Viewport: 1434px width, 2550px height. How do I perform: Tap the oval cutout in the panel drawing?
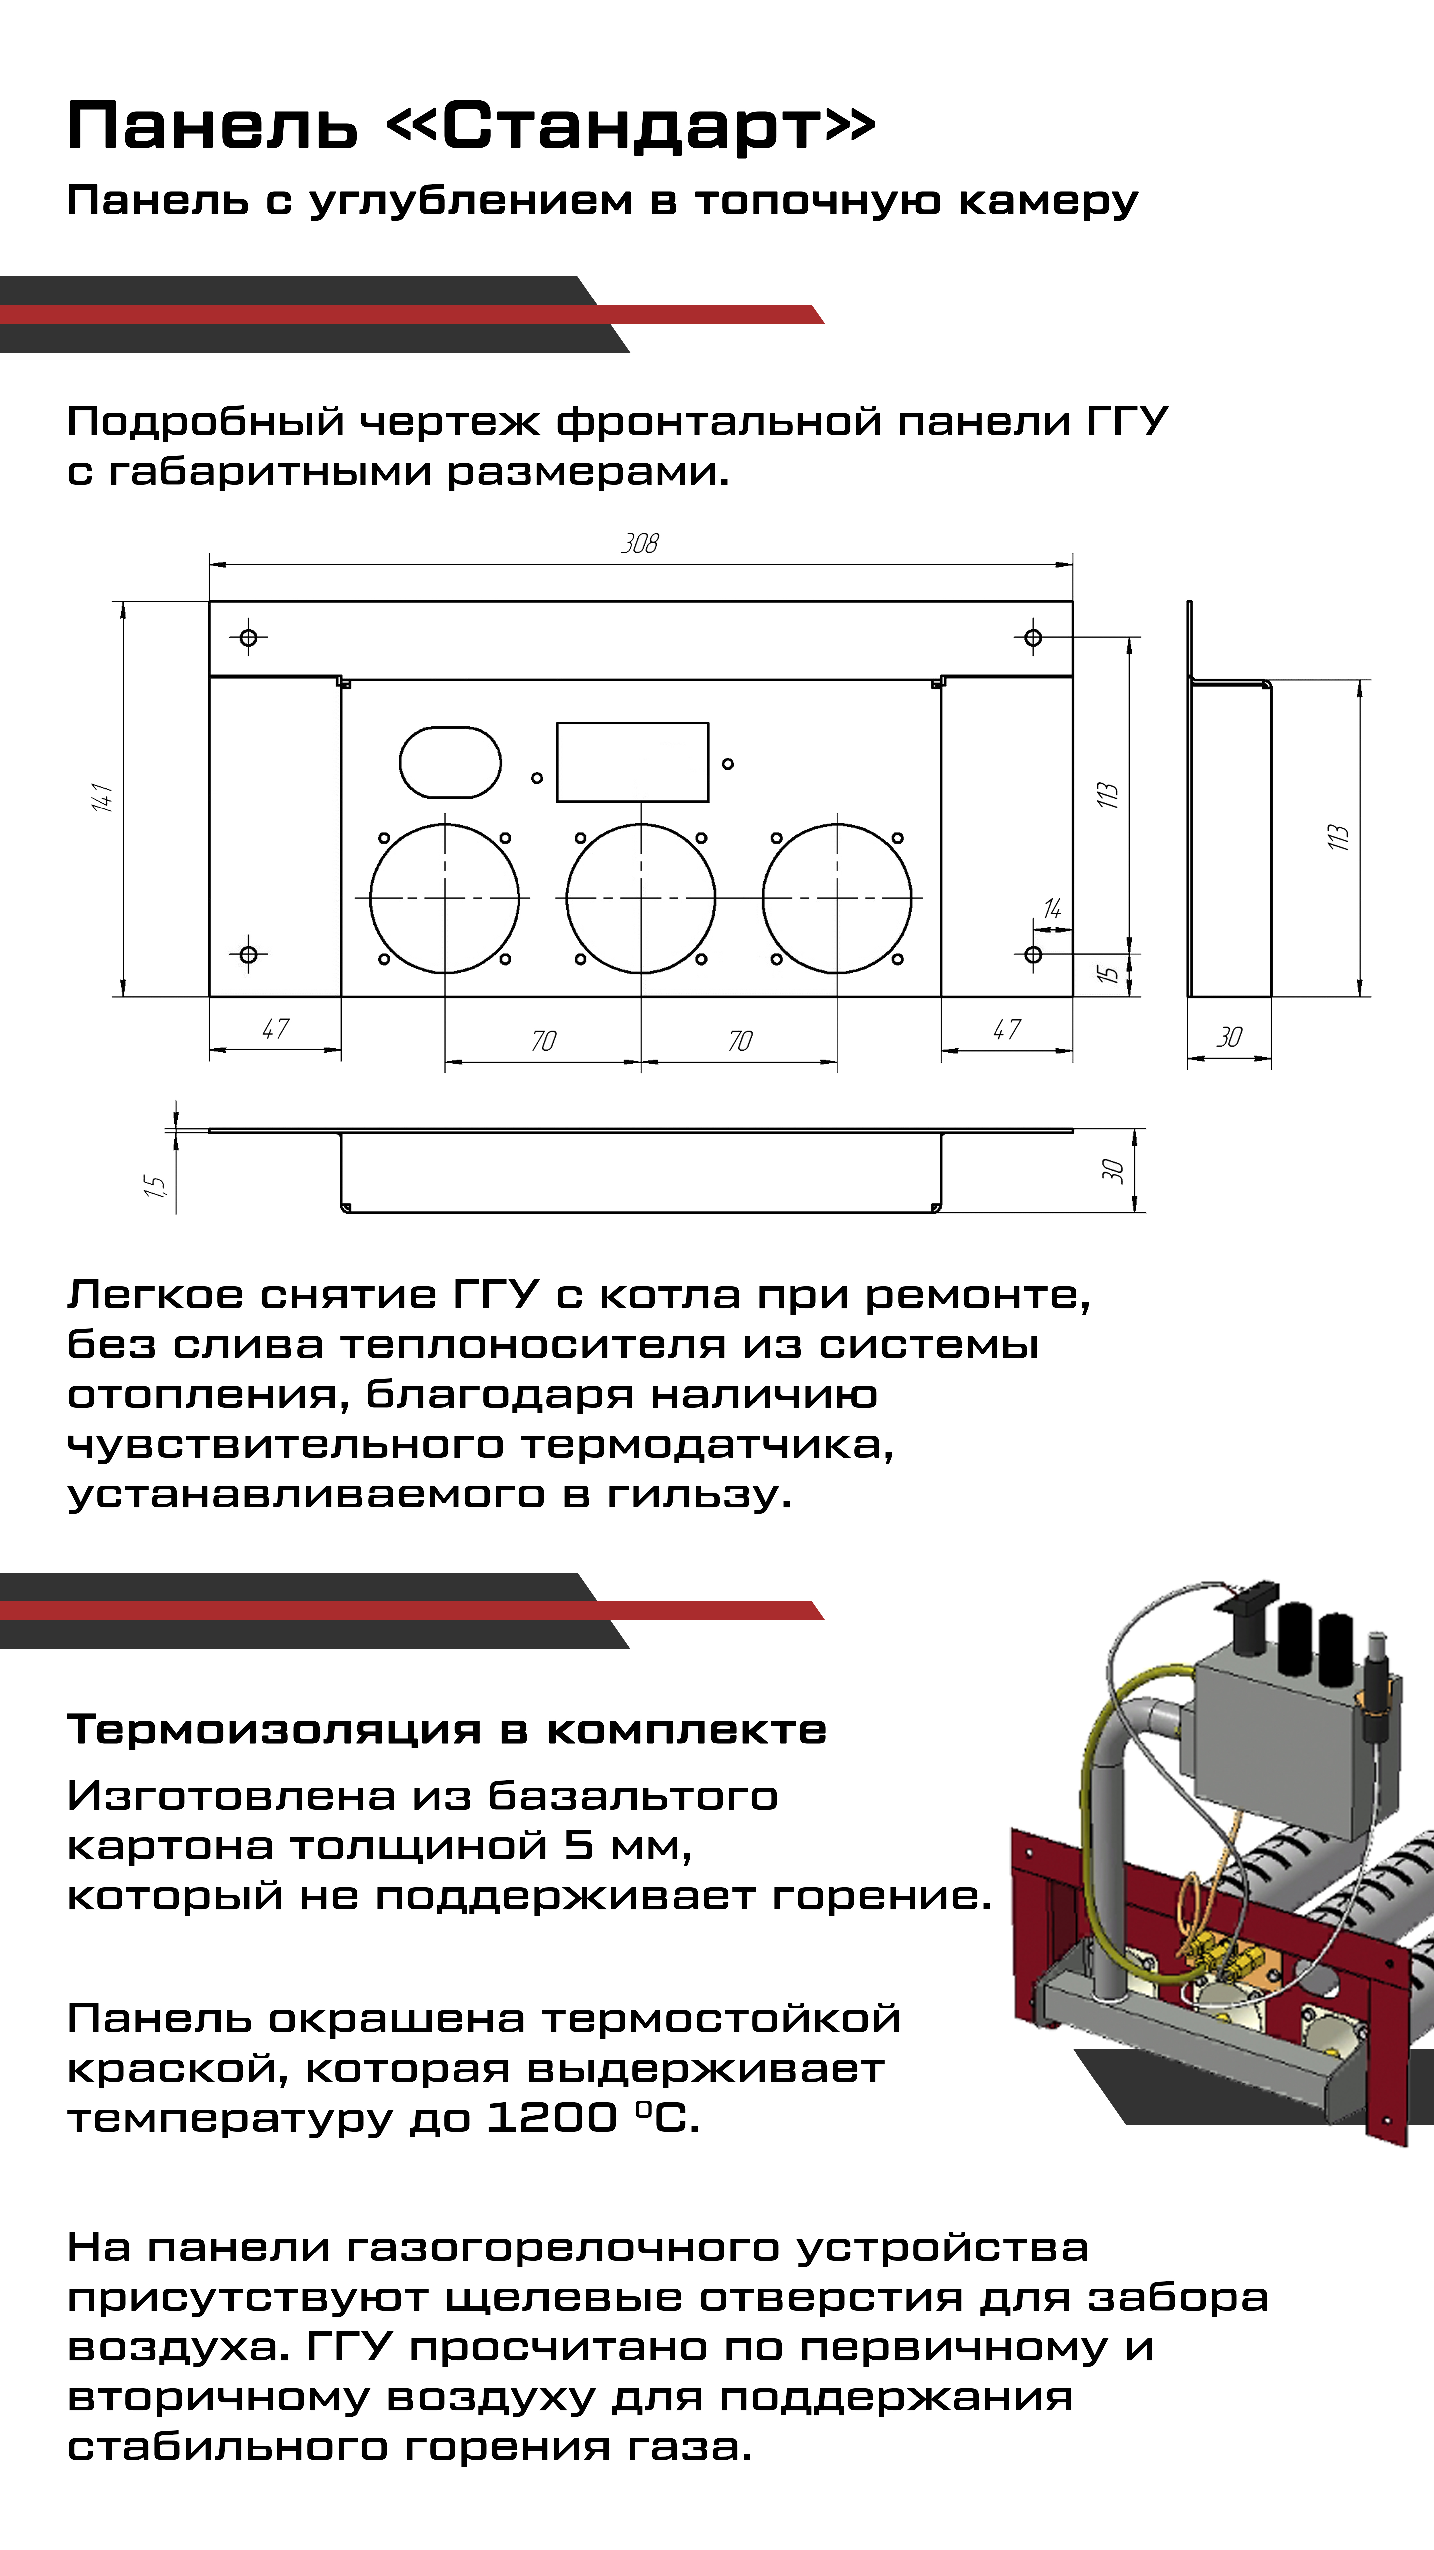pyautogui.click(x=450, y=762)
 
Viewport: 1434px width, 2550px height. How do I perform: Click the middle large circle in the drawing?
pyautogui.click(x=640, y=898)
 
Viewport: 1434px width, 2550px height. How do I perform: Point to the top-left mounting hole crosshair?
pyautogui.click(x=248, y=637)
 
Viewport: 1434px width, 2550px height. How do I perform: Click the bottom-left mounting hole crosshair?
pyautogui.click(x=248, y=954)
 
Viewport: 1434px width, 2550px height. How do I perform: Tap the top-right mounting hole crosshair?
pyautogui.click(x=1033, y=637)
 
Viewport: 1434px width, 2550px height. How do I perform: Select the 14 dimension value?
pyautogui.click(x=1052, y=909)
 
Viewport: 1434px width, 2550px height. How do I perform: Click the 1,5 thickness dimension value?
pyautogui.click(x=154, y=1185)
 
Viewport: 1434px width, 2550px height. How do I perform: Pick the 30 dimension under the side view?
pyautogui.click(x=1229, y=1036)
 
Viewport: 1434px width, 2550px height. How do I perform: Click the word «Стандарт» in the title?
pyautogui.click(x=630, y=127)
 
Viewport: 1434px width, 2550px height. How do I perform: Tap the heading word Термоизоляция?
pyautogui.click(x=274, y=1729)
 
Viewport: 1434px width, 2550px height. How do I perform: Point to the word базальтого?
pyautogui.click(x=633, y=1796)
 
